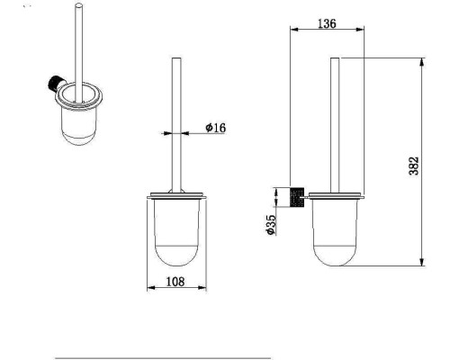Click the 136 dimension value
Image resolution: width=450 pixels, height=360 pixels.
coord(327,23)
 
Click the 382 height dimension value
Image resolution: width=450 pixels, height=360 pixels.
coord(414,166)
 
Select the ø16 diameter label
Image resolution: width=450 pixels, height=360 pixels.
coord(215,128)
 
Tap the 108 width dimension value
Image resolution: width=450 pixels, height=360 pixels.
coord(175,282)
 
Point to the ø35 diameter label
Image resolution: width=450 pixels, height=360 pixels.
coord(271,225)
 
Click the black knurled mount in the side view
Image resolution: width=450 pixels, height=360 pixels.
coord(297,197)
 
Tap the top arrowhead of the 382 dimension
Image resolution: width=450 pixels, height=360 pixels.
coord(422,62)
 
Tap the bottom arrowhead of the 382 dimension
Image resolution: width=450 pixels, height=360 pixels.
coord(422,262)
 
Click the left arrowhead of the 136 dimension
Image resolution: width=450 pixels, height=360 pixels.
coord(294,30)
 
